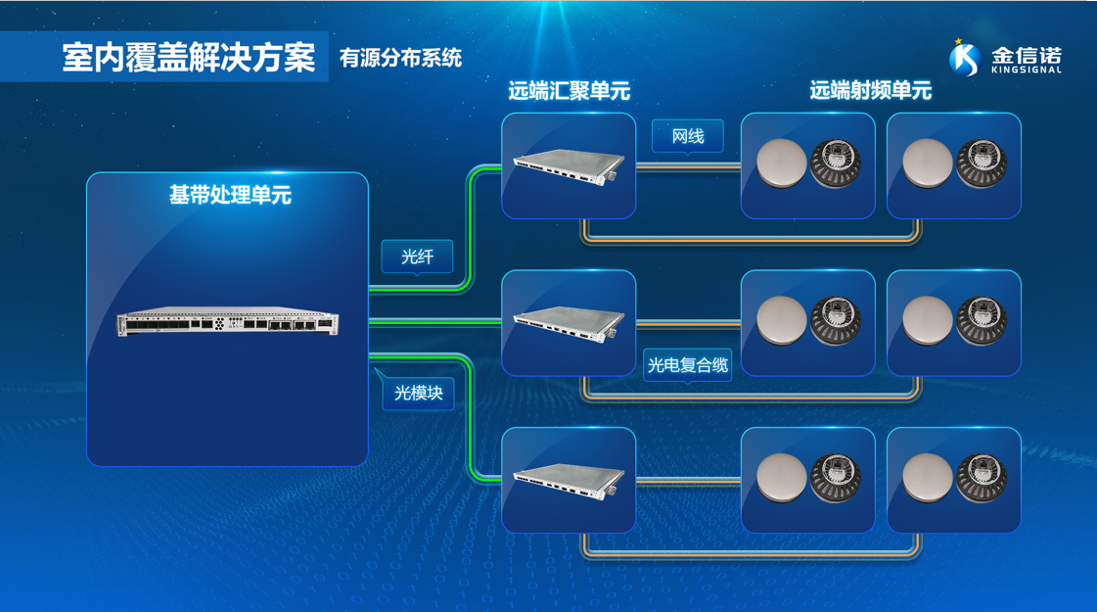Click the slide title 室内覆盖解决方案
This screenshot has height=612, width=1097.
pos(189,58)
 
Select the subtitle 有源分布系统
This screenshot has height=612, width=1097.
pos(400,59)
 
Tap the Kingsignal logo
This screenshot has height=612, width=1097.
pos(1005,58)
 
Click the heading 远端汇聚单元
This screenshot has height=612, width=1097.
pos(569,92)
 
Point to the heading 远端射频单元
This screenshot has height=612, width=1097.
pos(870,91)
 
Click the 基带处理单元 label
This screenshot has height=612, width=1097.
pos(230,195)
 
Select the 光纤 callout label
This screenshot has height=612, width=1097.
pos(417,257)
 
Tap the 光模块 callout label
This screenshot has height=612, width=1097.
pos(418,393)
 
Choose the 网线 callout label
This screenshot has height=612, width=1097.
pos(688,136)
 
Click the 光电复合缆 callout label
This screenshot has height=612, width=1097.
pos(688,365)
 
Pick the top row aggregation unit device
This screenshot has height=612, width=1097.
pos(569,166)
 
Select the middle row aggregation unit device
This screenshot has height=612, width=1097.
pos(569,323)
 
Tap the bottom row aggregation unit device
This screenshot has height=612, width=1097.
pos(569,480)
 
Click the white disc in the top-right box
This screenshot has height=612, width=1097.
pos(927,165)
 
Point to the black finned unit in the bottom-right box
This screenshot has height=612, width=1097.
pos(982,479)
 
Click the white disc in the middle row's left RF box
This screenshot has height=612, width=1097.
pos(782,321)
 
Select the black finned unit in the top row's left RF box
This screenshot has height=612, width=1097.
pos(836,165)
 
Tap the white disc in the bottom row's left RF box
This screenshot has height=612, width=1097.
pos(782,479)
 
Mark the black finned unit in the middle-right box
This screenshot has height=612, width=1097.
pos(982,321)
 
